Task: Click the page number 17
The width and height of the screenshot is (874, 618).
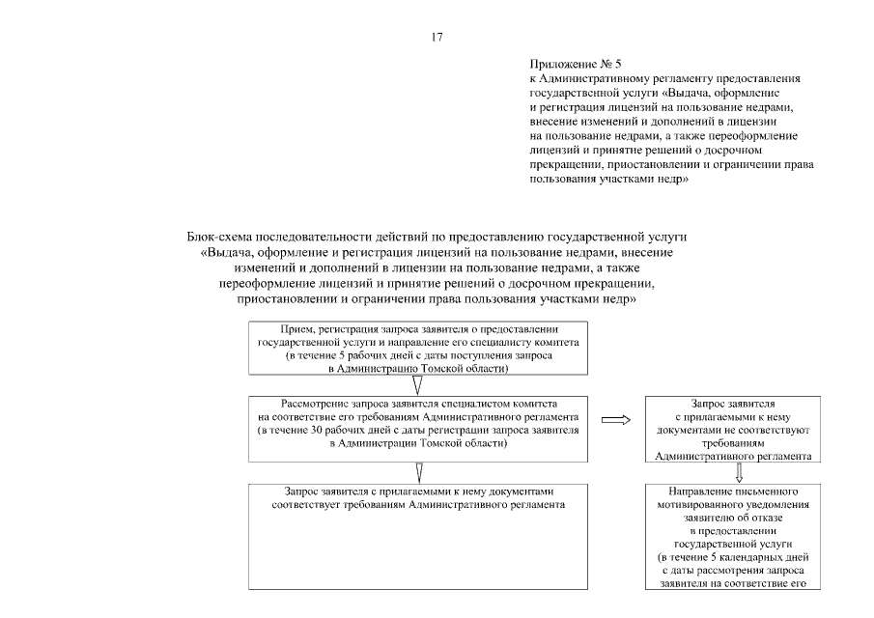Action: [x=437, y=38]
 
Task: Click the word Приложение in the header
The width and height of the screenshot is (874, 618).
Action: [x=560, y=61]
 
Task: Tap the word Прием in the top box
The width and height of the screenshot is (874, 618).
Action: [x=294, y=330]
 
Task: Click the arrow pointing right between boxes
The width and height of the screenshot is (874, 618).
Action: [x=615, y=419]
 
